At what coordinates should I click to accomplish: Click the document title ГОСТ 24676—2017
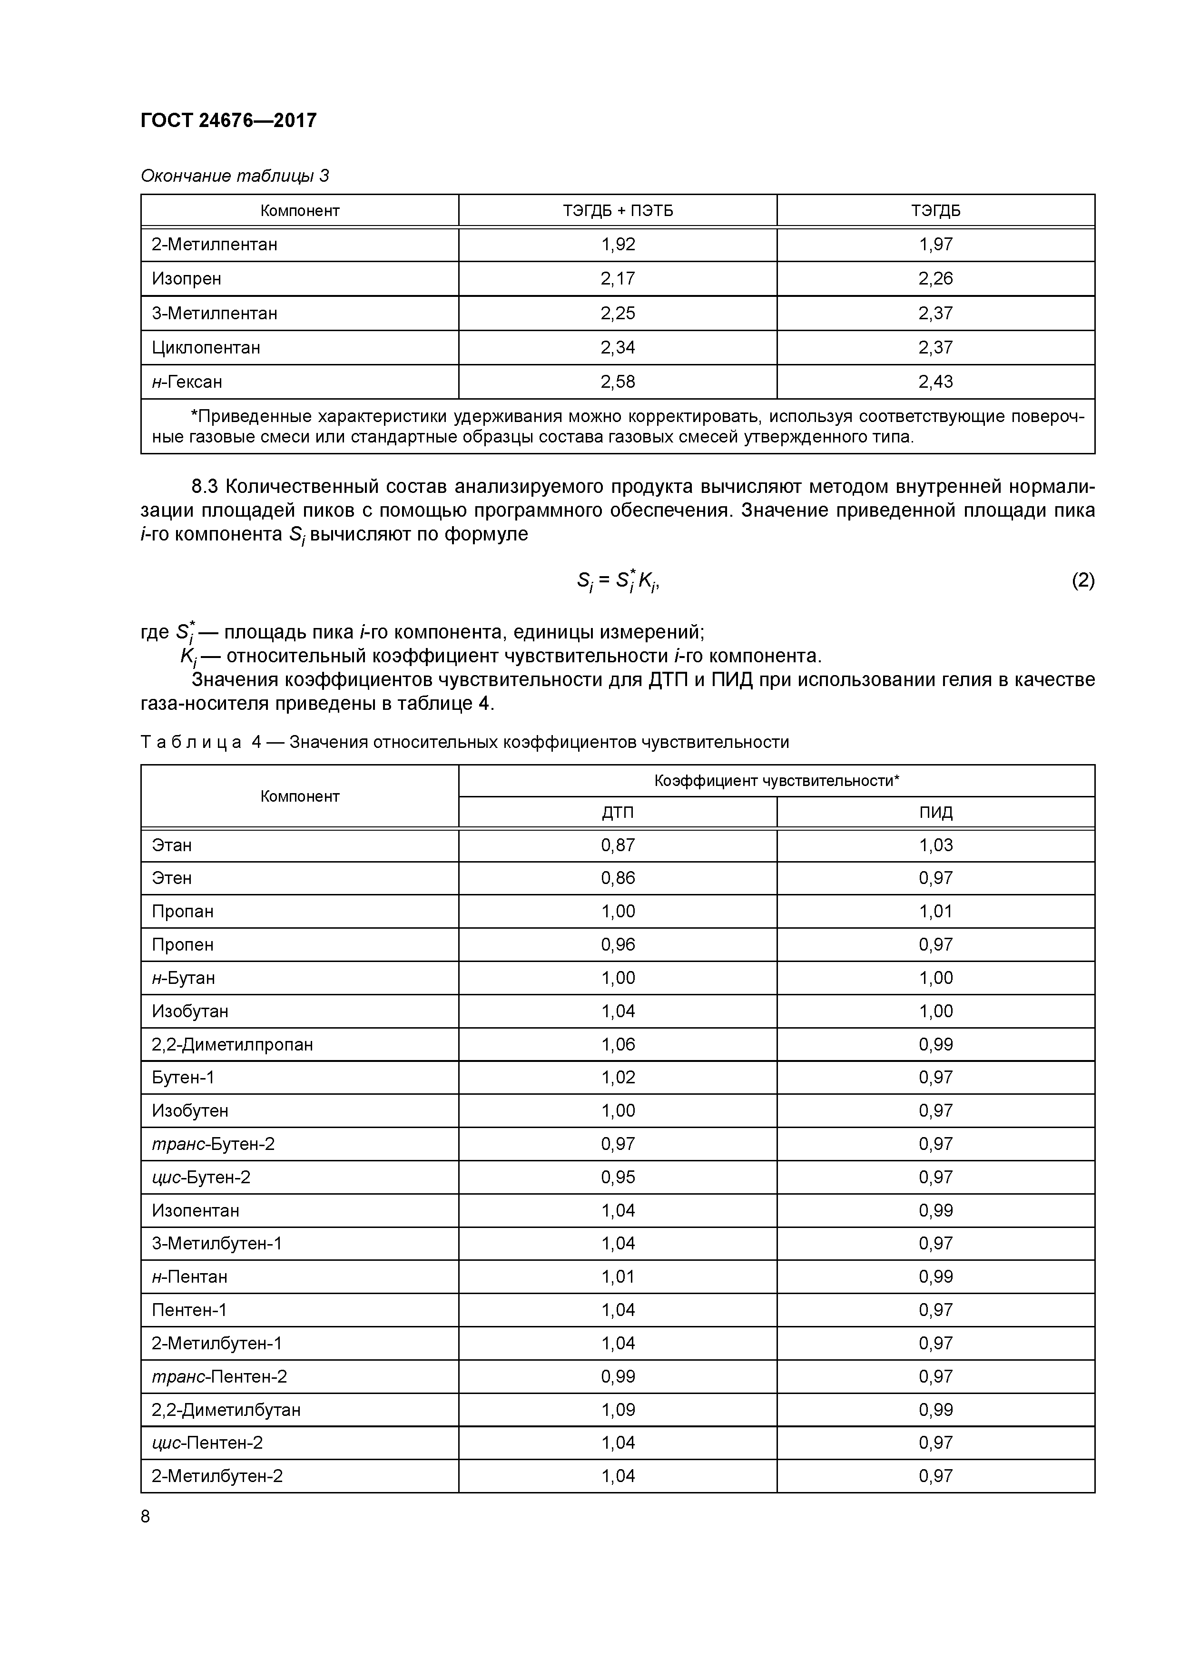[x=228, y=121]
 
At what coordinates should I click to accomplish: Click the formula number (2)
[x=1082, y=580]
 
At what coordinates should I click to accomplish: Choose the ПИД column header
[x=936, y=813]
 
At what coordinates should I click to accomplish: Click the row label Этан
[x=172, y=845]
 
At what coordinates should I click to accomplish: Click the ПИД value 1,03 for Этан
[x=936, y=845]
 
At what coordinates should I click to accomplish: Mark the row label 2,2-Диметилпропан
[x=232, y=1045]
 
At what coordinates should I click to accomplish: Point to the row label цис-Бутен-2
[x=201, y=1177]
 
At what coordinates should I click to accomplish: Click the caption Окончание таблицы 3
[x=234, y=176]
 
